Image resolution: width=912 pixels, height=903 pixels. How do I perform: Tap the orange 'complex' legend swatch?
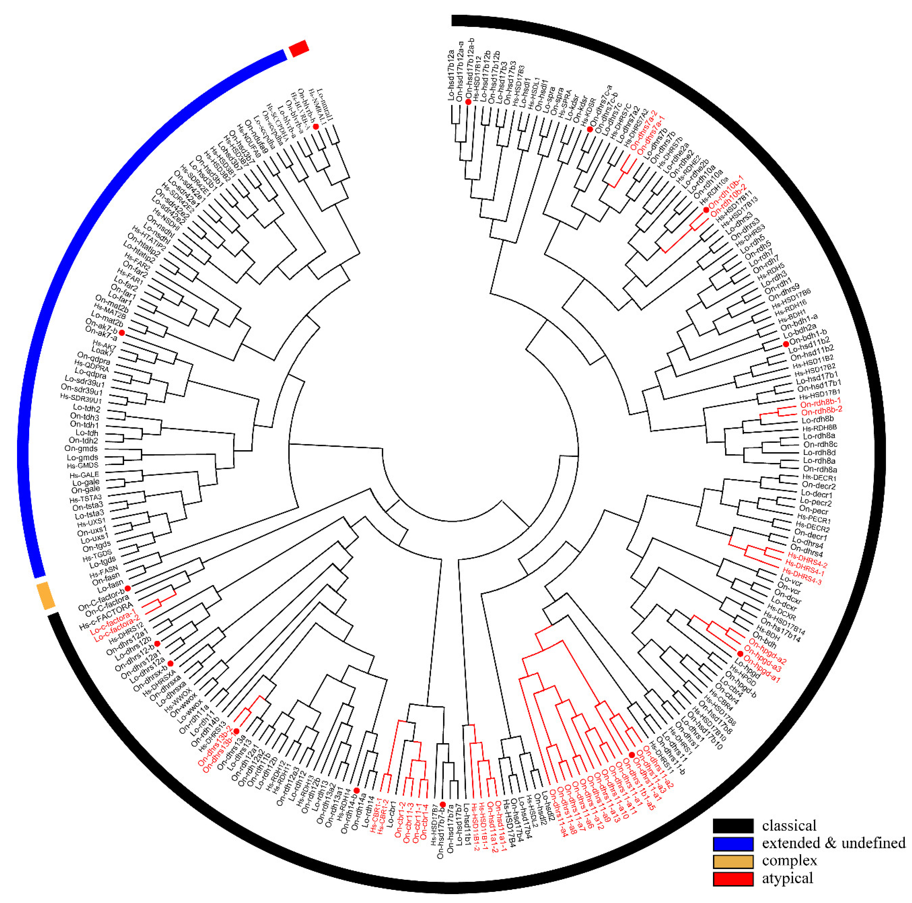pos(733,861)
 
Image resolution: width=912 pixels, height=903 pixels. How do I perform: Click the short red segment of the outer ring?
pos(299,48)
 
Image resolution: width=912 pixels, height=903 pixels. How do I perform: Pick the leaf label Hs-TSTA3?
pos(85,498)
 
